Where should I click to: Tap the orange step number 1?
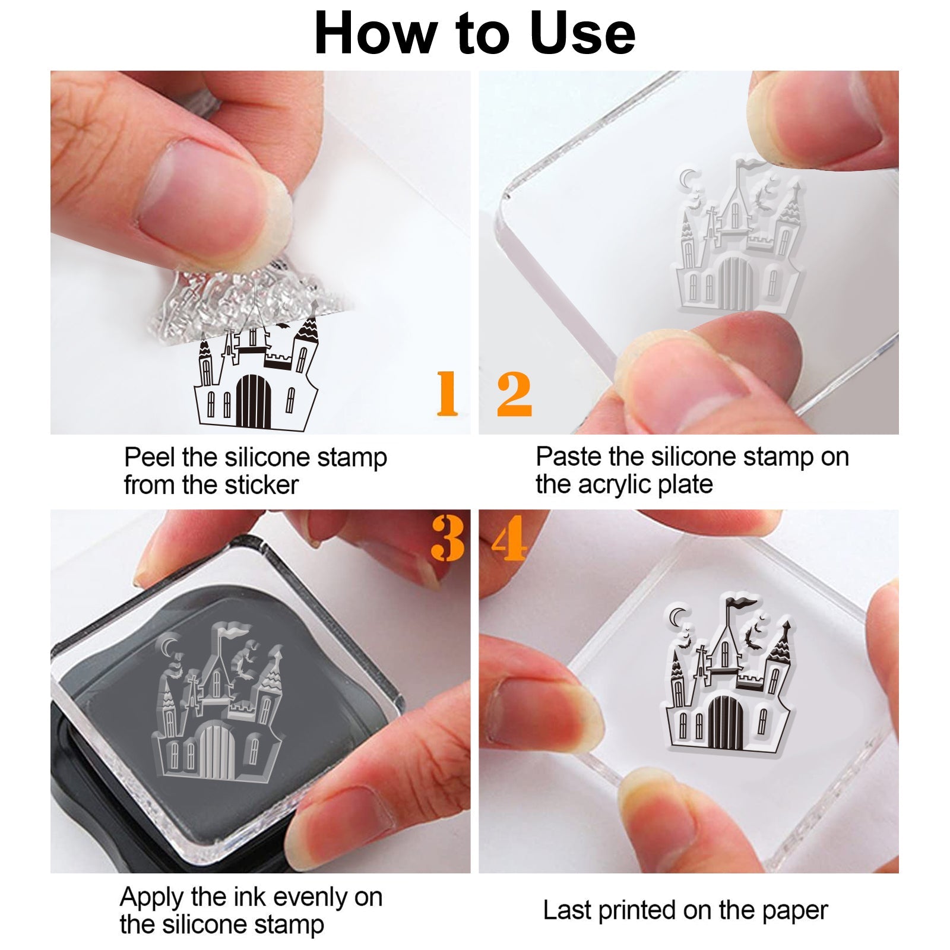[x=447, y=393]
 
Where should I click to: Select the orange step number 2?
[x=514, y=393]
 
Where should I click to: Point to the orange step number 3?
[x=448, y=538]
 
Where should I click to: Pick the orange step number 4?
[x=509, y=538]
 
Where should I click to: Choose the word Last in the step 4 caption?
[x=568, y=910]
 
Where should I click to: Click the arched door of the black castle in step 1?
[x=254, y=401]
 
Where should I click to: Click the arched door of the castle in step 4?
[x=724, y=721]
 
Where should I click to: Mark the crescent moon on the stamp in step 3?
[x=168, y=645]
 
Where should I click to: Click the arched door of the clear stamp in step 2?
[x=735, y=283]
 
